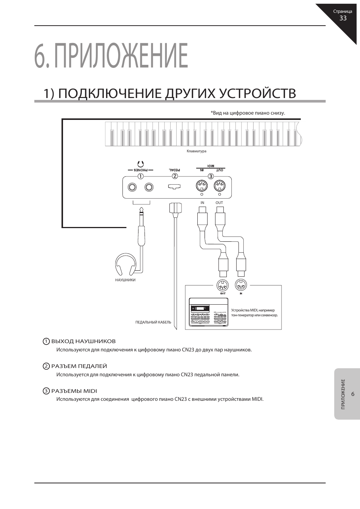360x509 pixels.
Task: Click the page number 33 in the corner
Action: (343, 18)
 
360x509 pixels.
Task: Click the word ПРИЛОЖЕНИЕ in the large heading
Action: (122, 56)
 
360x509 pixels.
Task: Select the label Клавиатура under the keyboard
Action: (197, 151)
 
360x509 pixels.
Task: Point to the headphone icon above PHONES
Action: (140, 164)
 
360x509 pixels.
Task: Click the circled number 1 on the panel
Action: (140, 176)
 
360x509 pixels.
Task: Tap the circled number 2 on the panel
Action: (175, 176)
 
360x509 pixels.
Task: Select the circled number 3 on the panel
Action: (211, 176)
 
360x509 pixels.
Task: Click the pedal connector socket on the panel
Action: (174, 187)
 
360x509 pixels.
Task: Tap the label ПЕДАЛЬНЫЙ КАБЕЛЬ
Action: (153, 322)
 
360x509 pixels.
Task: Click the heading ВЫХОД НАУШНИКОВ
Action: (83, 341)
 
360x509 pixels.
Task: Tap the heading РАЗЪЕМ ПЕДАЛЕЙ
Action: (79, 366)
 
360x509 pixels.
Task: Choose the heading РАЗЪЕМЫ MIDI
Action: (74, 391)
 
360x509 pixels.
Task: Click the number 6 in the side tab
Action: (353, 394)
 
